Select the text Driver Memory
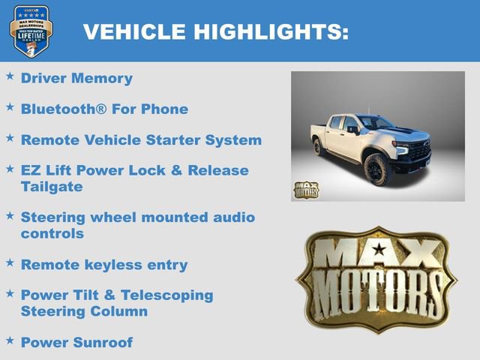[x=76, y=78]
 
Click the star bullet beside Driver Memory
[x=10, y=76]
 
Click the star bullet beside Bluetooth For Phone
[x=10, y=107]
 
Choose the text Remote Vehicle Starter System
[x=141, y=140]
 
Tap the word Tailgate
[x=52, y=186]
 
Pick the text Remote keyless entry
[x=104, y=265]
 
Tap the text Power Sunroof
[x=76, y=342]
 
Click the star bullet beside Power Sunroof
[x=10, y=340]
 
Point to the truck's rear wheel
[x=319, y=145]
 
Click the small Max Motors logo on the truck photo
[x=305, y=190]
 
